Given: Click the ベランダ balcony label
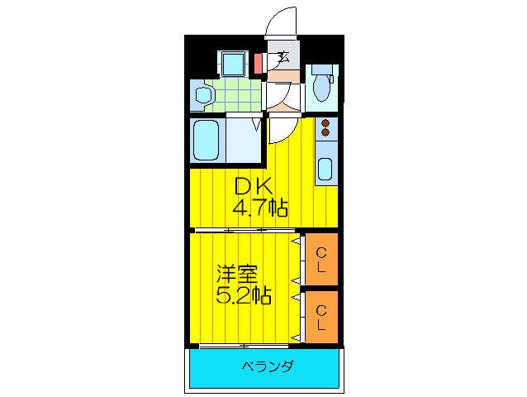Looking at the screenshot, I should coord(268,366).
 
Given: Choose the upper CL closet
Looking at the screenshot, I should coord(321,260).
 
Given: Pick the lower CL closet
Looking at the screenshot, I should coord(321,316).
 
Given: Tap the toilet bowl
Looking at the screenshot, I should coord(322,88).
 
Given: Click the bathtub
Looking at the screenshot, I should coord(205,141).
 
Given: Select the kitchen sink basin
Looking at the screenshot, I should coord(325,169).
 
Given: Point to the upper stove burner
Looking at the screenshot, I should coord(325,123).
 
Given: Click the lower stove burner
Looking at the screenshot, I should coord(325,133).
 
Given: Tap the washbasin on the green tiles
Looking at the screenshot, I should coord(202,95).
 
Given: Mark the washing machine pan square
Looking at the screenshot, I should coord(231,64).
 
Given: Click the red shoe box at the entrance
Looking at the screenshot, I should coord(258,64).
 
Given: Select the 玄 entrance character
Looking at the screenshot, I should coord(282,57).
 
